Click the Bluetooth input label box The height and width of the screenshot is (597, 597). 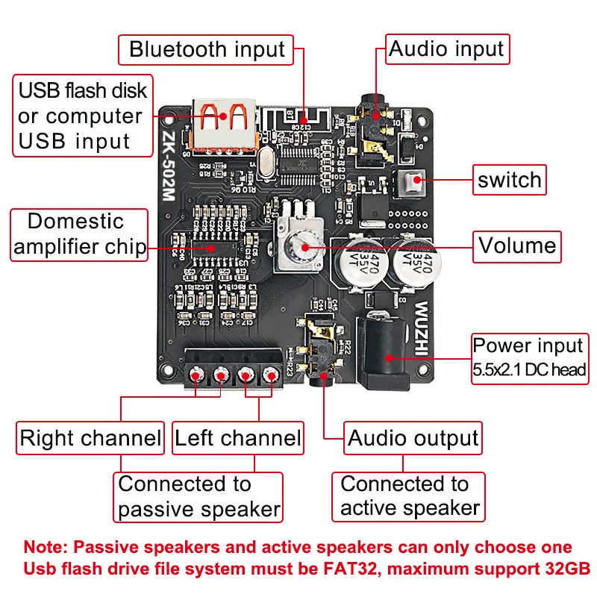207,50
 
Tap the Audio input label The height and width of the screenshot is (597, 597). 446,50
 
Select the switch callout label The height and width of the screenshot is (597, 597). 510,180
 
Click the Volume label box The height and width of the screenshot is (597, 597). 517,246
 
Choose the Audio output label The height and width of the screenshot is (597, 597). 413,438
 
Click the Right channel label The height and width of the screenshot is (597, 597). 90,438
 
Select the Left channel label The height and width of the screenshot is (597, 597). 237,438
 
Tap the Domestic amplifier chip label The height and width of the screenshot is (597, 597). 78,235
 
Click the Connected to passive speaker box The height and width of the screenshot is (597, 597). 199,496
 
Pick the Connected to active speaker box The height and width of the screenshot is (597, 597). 409,496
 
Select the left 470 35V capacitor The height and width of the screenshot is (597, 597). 360,260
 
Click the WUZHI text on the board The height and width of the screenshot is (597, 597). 422,332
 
